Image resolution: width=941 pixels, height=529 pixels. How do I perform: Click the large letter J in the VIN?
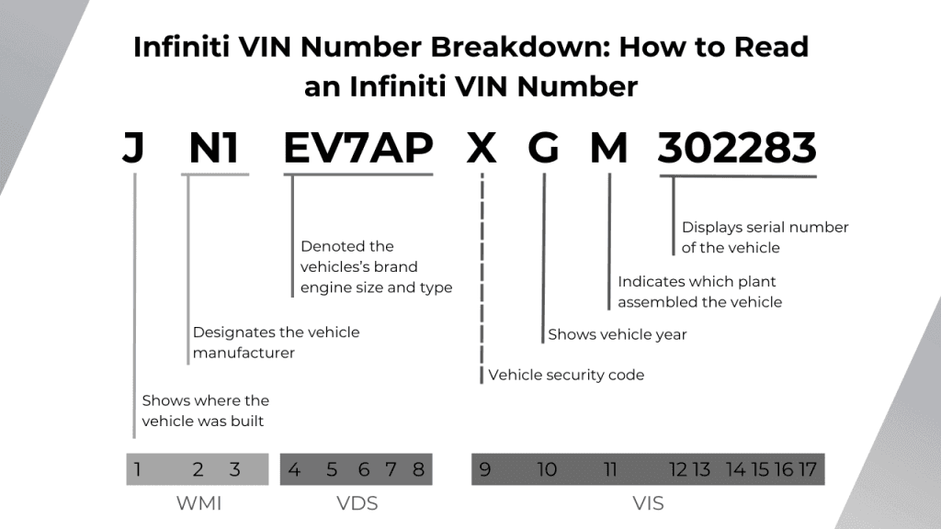(133, 149)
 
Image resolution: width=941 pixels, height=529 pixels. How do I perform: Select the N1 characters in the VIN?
(214, 149)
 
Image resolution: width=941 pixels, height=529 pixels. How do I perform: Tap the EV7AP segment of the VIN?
(357, 149)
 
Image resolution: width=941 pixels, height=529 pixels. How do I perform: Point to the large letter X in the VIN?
(482, 149)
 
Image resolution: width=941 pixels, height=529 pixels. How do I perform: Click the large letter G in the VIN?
(544, 149)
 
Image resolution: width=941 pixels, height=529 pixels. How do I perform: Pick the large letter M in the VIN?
(608, 149)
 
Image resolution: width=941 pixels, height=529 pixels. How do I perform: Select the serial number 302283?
(737, 149)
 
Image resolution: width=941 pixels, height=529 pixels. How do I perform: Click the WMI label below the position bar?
(198, 504)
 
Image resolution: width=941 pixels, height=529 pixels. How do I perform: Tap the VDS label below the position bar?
(357, 504)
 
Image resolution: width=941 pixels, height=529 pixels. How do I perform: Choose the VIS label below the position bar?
(648, 504)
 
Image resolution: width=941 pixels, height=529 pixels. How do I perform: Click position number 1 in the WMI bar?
(137, 470)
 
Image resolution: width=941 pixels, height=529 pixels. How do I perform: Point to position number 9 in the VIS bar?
(485, 470)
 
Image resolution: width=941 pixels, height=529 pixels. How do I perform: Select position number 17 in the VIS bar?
(807, 470)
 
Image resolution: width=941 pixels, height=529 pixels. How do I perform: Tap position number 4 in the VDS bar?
(294, 470)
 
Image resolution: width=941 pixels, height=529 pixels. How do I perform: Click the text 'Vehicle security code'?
(566, 375)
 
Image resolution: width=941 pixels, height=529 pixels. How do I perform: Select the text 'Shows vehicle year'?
(618, 335)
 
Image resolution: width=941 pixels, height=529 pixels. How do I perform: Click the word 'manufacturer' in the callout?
(244, 353)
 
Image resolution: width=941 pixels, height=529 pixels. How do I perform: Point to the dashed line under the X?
(482, 276)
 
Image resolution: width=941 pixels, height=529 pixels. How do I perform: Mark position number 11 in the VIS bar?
(610, 470)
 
